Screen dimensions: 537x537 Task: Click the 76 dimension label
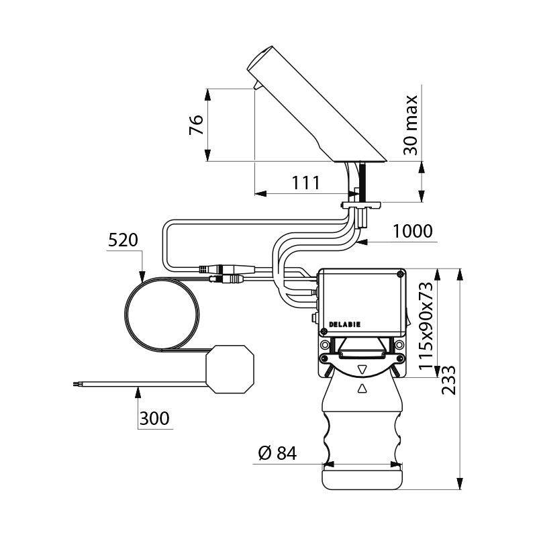click(x=195, y=125)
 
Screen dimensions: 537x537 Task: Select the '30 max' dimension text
click(x=411, y=126)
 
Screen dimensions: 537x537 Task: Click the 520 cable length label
click(x=123, y=240)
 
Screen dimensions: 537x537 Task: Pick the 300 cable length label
click(x=154, y=419)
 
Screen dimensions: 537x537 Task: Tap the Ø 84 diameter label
click(x=277, y=454)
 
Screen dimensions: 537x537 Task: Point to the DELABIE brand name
click(x=344, y=324)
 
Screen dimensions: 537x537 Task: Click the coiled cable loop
click(x=161, y=315)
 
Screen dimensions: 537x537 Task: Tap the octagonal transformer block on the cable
click(x=230, y=369)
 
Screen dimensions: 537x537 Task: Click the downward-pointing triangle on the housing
click(x=362, y=369)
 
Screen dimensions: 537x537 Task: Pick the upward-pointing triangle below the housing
click(x=362, y=387)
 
